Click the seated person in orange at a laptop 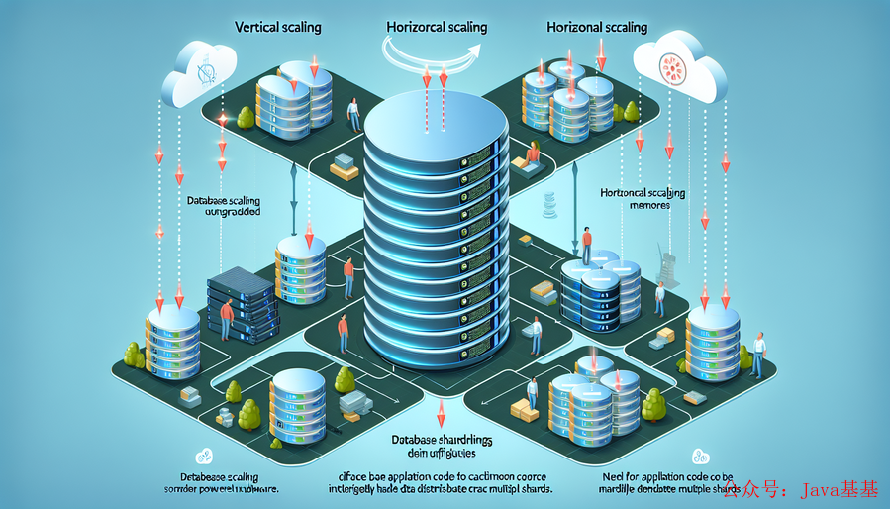534,153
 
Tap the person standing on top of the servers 586,246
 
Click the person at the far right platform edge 758,353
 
